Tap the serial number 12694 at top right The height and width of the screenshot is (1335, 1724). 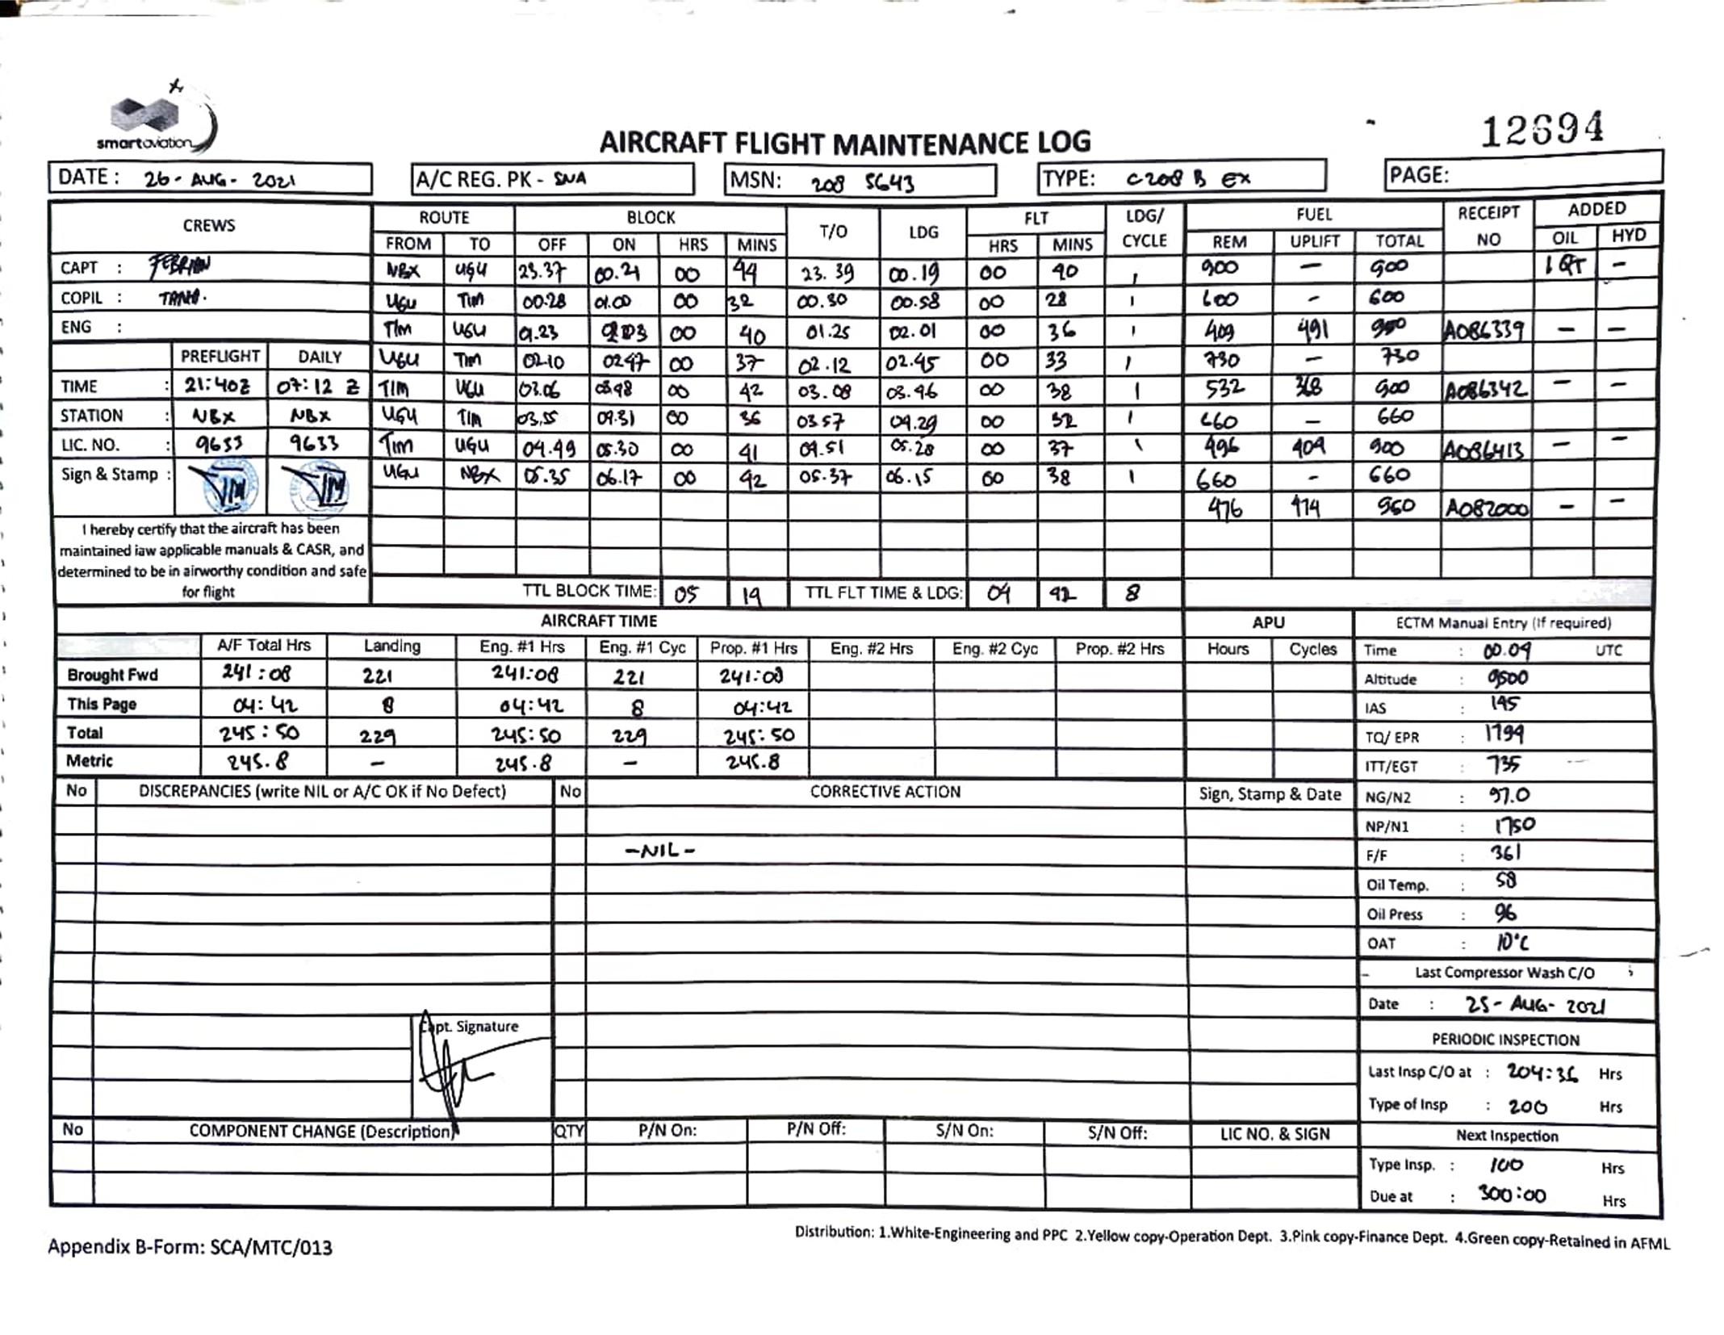point(1542,129)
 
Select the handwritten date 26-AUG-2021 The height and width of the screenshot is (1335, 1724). point(220,179)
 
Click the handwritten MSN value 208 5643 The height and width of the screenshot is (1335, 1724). point(863,182)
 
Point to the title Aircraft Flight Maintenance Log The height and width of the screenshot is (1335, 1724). point(844,143)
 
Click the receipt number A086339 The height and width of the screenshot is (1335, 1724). point(1485,329)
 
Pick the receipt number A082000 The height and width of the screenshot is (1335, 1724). point(1486,508)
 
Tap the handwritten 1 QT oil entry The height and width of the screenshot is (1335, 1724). point(1564,265)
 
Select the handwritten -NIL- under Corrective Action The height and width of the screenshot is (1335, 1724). point(659,850)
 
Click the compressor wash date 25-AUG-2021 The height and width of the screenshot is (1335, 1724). point(1534,1005)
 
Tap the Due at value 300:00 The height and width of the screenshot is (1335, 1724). point(1512,1195)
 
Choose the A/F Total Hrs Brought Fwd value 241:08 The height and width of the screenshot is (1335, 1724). point(257,673)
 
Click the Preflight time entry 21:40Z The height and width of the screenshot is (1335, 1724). point(217,386)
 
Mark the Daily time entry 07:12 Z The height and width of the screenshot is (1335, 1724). point(317,387)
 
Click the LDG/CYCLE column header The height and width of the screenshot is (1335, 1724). point(1144,228)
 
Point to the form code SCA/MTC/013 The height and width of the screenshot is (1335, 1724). point(271,1247)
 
